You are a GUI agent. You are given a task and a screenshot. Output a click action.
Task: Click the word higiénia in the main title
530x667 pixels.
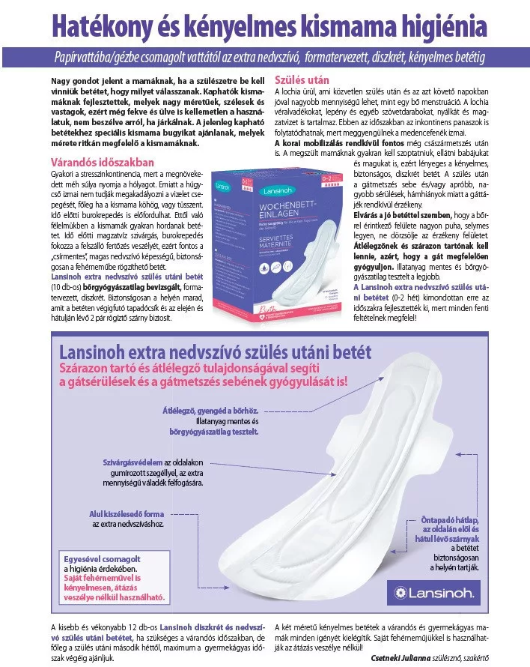[445, 26]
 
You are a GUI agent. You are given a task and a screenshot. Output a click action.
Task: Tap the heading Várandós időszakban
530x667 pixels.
[102, 161]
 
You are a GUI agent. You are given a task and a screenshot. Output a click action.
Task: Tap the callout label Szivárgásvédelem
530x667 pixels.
[133, 462]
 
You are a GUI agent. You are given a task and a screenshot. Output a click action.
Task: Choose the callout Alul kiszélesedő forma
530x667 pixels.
[127, 513]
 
